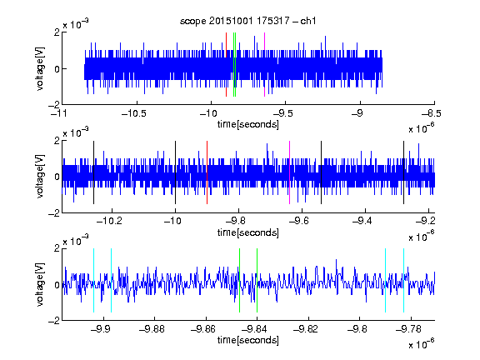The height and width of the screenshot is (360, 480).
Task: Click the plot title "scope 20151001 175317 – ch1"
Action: pos(247,21)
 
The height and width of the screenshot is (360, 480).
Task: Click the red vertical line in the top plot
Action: pos(226,65)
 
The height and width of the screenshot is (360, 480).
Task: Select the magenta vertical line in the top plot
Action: pos(264,65)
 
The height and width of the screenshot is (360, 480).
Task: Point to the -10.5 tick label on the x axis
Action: pos(134,113)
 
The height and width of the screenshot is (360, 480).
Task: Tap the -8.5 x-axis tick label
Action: pos(431,113)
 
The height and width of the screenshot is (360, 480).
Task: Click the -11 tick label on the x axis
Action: pos(58,113)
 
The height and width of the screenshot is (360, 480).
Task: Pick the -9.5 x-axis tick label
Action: pos(282,113)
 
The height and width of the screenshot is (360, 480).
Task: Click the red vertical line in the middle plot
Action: pos(207,172)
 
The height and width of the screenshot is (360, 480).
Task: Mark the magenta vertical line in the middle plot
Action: pos(290,172)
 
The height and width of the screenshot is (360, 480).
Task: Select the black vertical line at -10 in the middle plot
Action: pos(175,172)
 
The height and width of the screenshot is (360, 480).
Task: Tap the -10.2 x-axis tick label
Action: pos(109,221)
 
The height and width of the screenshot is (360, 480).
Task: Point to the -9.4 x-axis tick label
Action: pos(362,221)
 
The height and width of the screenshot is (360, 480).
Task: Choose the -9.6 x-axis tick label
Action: pos(299,221)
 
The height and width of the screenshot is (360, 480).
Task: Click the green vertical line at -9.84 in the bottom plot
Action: pos(257,280)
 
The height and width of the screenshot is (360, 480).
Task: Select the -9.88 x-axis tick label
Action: pos(152,329)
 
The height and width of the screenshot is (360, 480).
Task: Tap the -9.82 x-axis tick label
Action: pos(306,329)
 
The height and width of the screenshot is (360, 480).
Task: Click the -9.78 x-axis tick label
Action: pos(408,329)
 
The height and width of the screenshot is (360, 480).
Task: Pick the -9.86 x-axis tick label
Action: pos(203,329)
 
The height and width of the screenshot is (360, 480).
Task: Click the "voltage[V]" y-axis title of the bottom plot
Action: pos(40,284)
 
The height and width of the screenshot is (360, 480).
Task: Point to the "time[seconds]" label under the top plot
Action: pos(248,125)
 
